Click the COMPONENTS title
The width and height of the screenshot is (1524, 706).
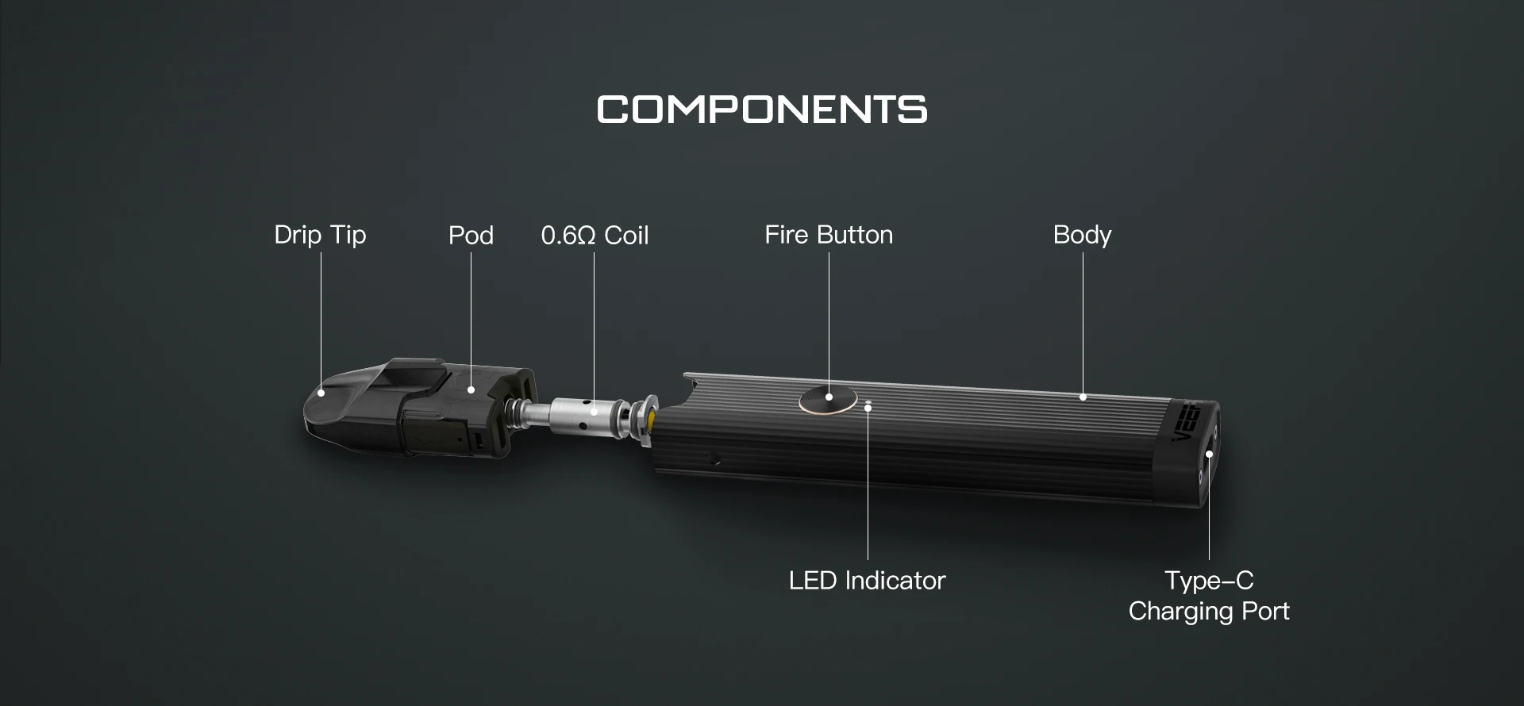(762, 109)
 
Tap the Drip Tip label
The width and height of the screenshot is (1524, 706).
(320, 235)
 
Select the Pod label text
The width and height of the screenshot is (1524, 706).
(471, 235)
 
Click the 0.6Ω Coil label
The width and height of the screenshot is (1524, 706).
(595, 235)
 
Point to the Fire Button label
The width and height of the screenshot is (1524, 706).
(829, 235)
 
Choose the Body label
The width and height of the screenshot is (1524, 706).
(1082, 235)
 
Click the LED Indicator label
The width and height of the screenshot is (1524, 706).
(867, 581)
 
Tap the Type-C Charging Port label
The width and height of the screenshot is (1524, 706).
(1209, 596)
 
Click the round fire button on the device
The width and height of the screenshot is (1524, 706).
(828, 400)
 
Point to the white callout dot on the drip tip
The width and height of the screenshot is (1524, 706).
(321, 392)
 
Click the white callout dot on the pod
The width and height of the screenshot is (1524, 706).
(471, 389)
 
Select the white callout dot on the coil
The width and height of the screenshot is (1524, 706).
(595, 412)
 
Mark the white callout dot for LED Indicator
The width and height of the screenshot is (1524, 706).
(868, 408)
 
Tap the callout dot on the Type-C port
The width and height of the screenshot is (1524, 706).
(1209, 455)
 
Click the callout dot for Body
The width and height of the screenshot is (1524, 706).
(1083, 397)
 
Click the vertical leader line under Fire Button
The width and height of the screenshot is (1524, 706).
(829, 317)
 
